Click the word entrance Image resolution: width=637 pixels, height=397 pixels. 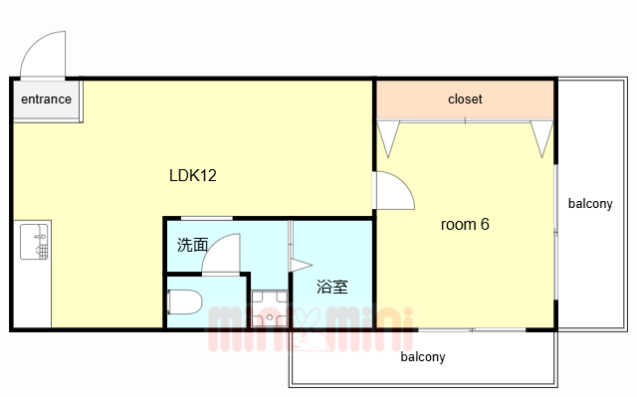[47, 99]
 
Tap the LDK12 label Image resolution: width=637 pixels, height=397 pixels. [192, 175]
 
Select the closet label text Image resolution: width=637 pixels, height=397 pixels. [465, 99]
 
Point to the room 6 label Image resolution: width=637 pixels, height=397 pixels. [465, 224]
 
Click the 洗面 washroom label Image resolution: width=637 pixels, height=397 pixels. [192, 245]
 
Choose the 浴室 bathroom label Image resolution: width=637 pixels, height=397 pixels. [331, 287]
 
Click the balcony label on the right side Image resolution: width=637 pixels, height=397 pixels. [590, 203]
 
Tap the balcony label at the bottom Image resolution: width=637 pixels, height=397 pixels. [422, 357]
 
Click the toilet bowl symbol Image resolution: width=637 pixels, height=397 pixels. [185, 301]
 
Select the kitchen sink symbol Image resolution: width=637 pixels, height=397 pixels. [35, 242]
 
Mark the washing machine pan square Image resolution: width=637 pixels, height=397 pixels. [270, 308]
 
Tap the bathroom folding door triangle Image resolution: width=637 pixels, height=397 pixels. [301, 266]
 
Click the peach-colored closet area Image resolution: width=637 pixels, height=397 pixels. [465, 99]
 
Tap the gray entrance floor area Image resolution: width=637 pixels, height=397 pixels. [47, 99]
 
